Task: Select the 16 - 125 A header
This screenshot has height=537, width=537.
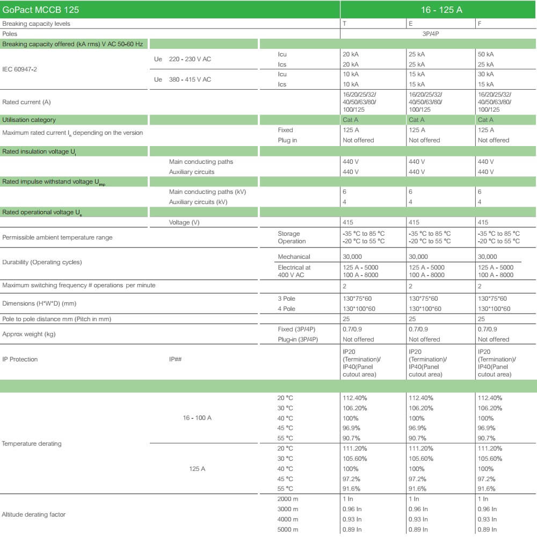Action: (438, 10)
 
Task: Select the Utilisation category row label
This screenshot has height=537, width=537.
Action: (29, 120)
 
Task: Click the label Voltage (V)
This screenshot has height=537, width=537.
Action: (186, 222)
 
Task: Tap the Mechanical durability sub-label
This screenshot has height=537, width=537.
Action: (294, 257)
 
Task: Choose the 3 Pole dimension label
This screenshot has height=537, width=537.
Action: (286, 299)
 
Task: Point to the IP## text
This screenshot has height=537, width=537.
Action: (176, 359)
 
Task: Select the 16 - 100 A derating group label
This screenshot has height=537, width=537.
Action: (197, 418)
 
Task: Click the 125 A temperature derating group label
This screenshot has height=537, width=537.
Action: (197, 469)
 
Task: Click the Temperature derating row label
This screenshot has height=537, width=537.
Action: (32, 444)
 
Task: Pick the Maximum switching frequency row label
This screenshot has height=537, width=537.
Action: (79, 285)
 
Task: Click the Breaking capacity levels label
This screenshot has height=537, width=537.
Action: (36, 24)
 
